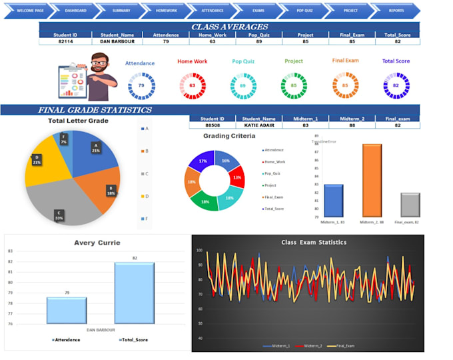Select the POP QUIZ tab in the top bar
tap(304, 11)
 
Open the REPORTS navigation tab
tap(396, 11)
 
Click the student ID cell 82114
tap(65, 41)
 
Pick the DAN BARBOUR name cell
tap(118, 41)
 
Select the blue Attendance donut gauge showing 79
tap(141, 86)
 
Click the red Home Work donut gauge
tap(193, 86)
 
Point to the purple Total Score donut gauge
tap(396, 86)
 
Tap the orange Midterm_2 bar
tap(372, 180)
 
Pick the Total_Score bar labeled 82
tap(134, 293)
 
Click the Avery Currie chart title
tap(99, 243)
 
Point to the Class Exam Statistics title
tap(314, 243)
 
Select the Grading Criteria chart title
tap(228, 136)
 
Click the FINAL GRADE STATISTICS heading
tap(95, 110)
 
